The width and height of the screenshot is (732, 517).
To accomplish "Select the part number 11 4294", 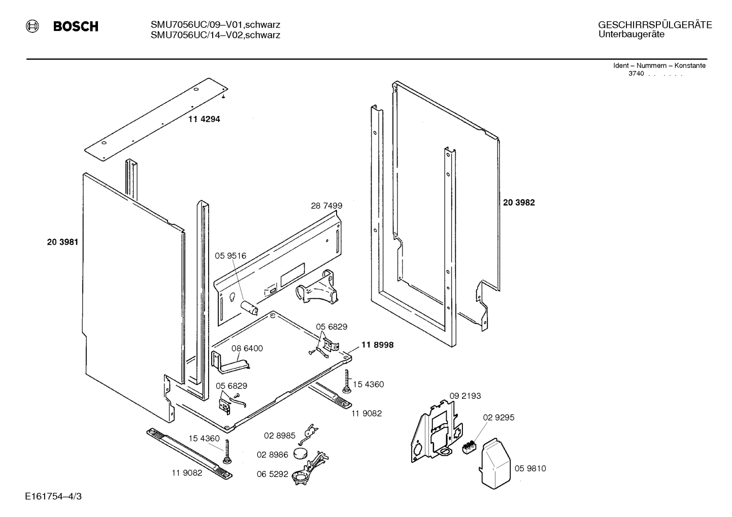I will click(x=204, y=119).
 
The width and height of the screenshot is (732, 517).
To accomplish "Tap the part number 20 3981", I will click(x=62, y=243).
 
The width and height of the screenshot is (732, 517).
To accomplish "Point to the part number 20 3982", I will click(x=519, y=202).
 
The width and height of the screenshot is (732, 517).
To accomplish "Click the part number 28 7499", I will click(x=326, y=206).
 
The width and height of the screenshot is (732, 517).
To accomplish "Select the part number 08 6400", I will click(x=247, y=349).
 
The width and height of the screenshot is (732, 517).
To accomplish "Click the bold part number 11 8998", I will click(x=377, y=345).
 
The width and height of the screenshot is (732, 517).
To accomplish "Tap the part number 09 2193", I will click(x=465, y=396).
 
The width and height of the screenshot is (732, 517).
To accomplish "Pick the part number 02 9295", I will click(x=498, y=418).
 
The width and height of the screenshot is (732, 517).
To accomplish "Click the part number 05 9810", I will click(x=530, y=468).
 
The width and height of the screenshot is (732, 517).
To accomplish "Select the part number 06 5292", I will click(x=273, y=474).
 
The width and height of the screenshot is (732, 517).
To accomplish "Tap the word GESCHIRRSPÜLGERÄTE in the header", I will click(x=655, y=25).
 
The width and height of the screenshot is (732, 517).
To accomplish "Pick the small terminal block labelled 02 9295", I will click(x=468, y=446).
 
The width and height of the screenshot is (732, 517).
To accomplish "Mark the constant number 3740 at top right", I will click(x=636, y=74).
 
